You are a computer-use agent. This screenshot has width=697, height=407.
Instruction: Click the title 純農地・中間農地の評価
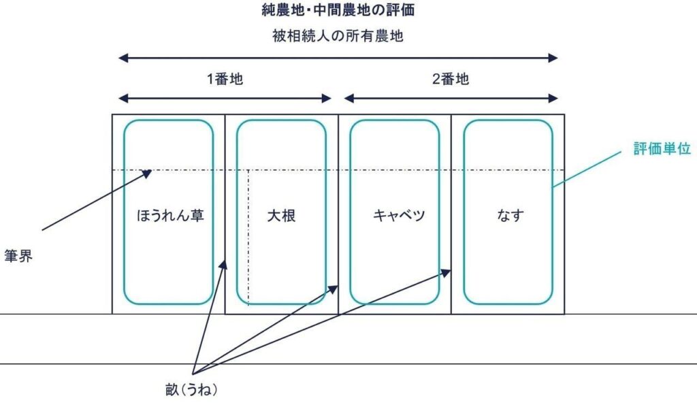point(338,11)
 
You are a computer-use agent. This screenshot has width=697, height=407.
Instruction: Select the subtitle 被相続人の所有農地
point(338,36)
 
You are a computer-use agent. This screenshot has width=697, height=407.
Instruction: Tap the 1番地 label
point(225,79)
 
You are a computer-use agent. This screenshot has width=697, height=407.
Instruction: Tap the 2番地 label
point(451,79)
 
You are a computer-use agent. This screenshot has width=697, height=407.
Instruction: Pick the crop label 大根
point(281,216)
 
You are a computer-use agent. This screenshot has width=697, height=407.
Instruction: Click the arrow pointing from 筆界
point(95,200)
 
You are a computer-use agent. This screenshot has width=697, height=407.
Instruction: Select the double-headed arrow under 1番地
point(225,98)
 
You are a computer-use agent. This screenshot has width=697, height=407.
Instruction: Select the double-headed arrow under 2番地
point(451,98)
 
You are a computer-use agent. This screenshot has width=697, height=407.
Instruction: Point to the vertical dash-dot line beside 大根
point(248,238)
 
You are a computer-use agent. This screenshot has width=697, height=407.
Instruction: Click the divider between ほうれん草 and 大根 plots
point(225,204)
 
